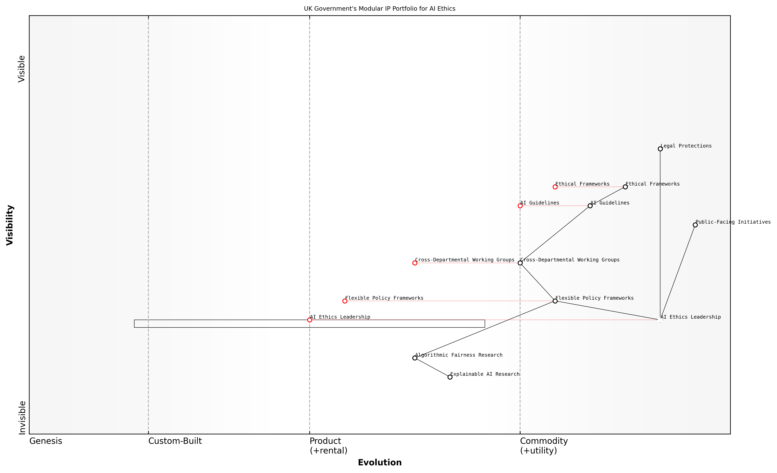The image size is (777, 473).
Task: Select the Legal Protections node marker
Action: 660,149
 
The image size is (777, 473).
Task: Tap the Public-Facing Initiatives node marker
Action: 695,225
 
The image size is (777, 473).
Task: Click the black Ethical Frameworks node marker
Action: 625,187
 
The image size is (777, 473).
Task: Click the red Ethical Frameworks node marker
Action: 555,187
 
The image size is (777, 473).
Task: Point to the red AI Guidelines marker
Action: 520,206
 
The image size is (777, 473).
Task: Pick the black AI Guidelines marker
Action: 590,206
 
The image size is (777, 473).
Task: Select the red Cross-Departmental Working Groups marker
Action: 415,263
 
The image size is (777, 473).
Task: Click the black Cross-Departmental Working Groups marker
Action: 520,263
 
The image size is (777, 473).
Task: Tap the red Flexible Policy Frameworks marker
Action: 345,301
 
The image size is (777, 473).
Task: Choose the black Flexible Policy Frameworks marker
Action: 555,301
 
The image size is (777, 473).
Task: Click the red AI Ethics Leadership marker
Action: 310,320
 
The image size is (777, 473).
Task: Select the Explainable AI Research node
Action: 450,377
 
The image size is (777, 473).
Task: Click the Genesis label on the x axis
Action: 46,441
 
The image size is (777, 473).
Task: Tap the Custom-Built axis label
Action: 175,441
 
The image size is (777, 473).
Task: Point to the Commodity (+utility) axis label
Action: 544,446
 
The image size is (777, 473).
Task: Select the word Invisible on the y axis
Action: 22,417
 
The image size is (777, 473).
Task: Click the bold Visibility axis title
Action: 10,225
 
